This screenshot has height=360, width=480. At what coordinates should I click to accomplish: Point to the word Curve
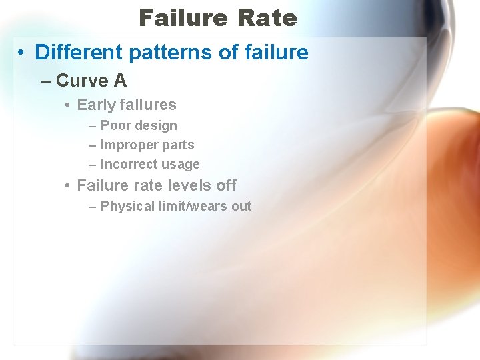click(x=83, y=81)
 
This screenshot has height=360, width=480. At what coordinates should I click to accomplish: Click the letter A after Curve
click(x=120, y=81)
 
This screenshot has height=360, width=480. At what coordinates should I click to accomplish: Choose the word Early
click(x=96, y=105)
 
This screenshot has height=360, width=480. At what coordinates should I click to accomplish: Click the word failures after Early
click(x=148, y=105)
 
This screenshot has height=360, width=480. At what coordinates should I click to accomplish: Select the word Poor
click(x=114, y=125)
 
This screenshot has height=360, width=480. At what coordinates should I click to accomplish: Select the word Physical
click(x=126, y=206)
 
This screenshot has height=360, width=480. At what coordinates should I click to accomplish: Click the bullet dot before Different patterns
click(x=22, y=53)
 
